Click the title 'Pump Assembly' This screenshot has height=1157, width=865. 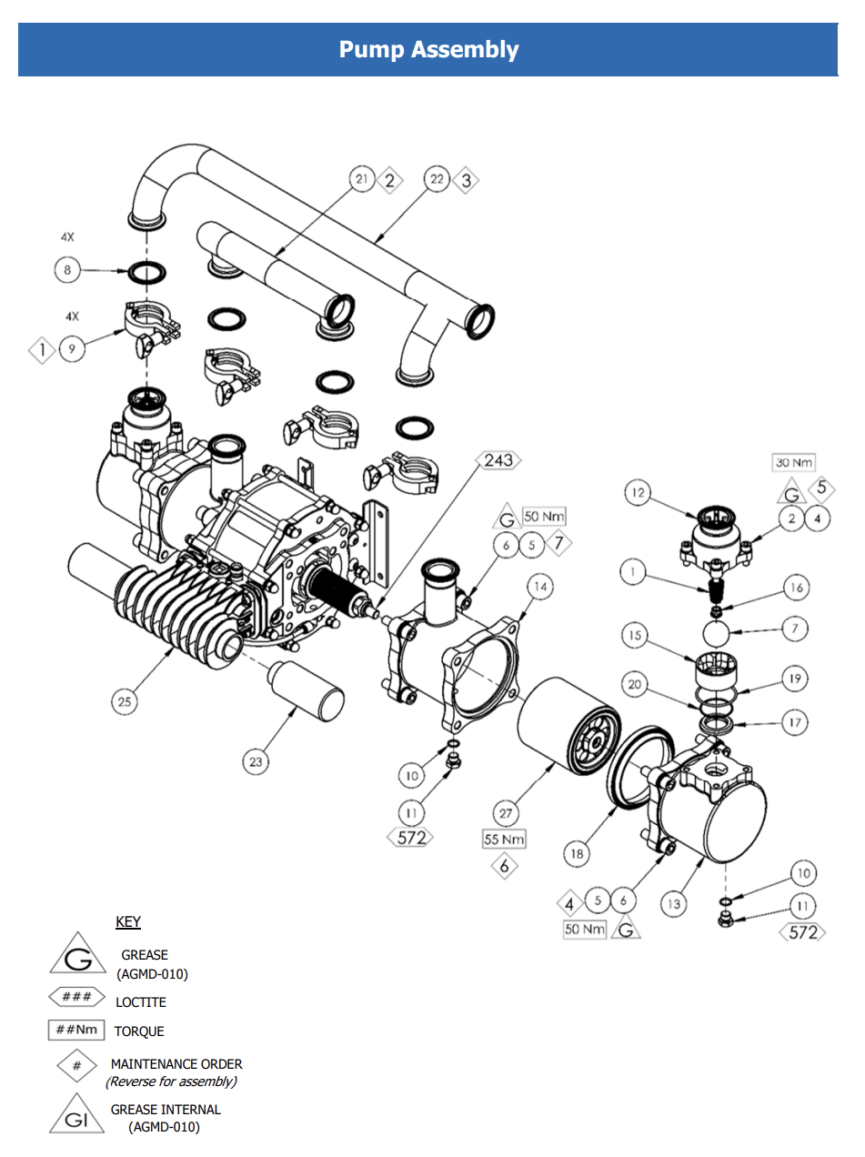coord(428,49)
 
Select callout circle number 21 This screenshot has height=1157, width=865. coord(362,180)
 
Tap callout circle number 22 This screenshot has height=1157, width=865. coord(437,180)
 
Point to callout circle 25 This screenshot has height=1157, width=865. coord(125,701)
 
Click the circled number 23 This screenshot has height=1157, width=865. coord(256,761)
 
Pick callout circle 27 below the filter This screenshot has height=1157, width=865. coord(505,812)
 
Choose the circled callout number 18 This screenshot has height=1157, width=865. coord(577,854)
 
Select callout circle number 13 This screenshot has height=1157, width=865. coord(674,903)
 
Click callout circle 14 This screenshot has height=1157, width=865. coord(540,588)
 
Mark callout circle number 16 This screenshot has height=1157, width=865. coord(796,588)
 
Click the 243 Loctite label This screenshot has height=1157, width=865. coord(498,460)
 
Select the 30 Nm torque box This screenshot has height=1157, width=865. coord(794,462)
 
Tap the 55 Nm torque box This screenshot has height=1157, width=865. coord(504,840)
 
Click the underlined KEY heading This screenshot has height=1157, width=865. coord(128,922)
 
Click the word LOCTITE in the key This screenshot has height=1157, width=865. coord(140,1002)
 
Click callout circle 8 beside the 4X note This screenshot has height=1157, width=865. coord(67,270)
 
